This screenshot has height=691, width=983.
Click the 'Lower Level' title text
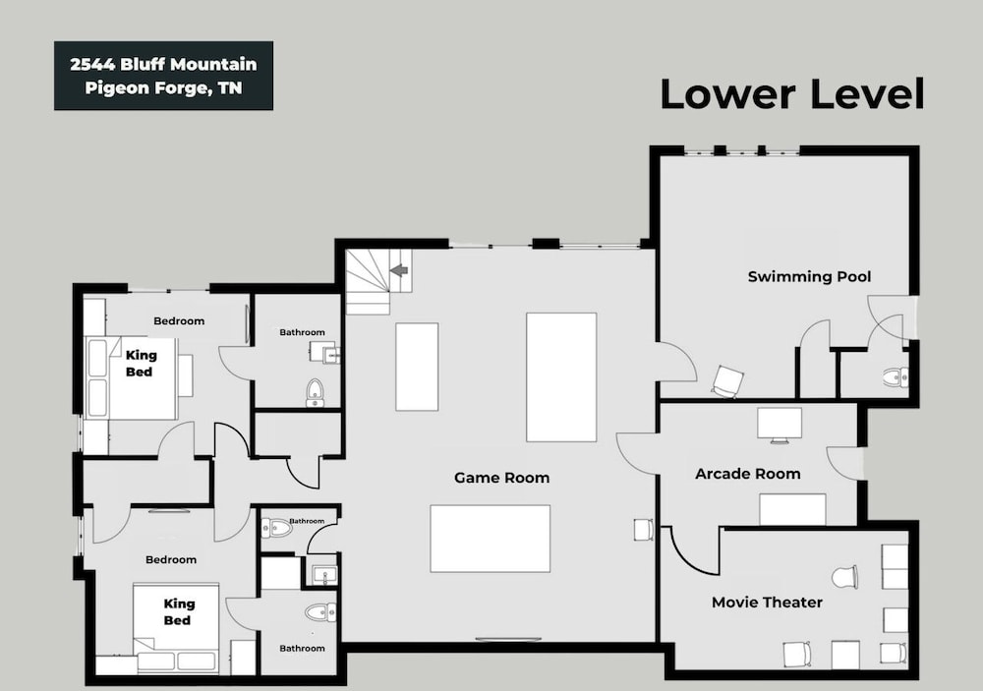click(792, 94)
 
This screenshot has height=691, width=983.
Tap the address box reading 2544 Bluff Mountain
click(163, 76)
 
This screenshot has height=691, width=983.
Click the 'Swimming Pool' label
click(809, 276)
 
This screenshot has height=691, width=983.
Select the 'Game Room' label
click(501, 478)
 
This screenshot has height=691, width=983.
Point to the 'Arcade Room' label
click(748, 474)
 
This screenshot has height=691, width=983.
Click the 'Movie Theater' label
click(767, 603)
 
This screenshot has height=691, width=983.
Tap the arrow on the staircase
click(399, 269)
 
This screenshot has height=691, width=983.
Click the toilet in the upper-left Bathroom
click(315, 392)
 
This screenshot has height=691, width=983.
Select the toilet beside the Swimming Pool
click(896, 377)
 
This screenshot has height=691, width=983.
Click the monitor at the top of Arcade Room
click(780, 426)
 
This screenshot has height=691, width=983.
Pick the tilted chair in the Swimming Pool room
click(727, 381)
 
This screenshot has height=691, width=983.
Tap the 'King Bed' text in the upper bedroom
click(141, 364)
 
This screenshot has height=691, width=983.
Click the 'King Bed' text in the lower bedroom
click(178, 612)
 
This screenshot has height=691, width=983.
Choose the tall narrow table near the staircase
click(417, 367)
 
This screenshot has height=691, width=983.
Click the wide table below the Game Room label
click(491, 539)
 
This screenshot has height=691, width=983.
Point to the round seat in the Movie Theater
click(844, 577)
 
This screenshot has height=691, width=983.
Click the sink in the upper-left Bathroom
click(327, 354)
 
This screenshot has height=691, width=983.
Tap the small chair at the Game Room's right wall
click(644, 530)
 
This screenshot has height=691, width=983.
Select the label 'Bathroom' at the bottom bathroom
click(302, 649)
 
